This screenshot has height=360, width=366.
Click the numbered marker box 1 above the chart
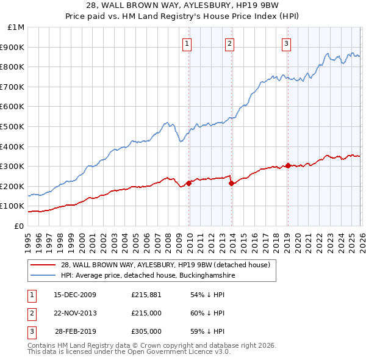coord(186,43)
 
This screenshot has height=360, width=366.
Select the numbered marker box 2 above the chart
coord(229,43)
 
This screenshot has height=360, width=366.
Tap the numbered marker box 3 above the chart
coord(286,43)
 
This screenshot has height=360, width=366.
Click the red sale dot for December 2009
coord(189,182)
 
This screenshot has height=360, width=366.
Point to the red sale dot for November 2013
coord(232,183)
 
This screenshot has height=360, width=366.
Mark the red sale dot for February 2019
coord(288,165)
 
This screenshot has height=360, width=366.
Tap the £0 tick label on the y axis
coord(18,226)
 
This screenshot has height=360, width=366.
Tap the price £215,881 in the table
coord(146,295)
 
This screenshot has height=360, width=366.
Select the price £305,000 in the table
coord(146,331)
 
